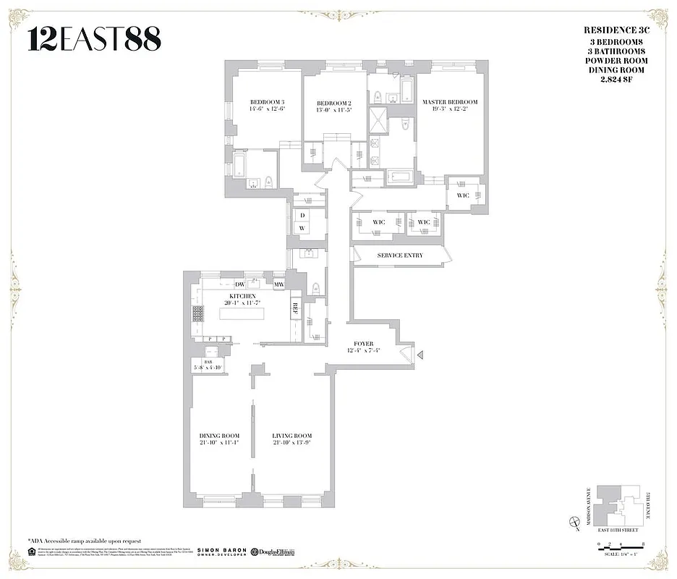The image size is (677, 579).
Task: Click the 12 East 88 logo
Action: pyautogui.click(x=94, y=39)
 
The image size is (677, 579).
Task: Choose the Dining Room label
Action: pyautogui.click(x=218, y=436)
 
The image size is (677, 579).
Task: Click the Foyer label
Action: pyautogui.click(x=363, y=345)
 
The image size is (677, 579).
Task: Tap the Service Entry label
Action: pyautogui.click(x=400, y=255)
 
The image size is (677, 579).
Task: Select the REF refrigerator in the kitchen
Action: pyautogui.click(x=295, y=307)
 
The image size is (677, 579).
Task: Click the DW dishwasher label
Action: pyautogui.click(x=239, y=284)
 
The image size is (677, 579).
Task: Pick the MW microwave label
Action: pyautogui.click(x=278, y=284)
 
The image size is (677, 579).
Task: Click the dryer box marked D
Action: pyautogui.click(x=302, y=215)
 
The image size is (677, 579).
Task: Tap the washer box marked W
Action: pyautogui.click(x=302, y=229)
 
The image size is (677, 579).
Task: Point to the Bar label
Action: pyautogui.click(x=207, y=362)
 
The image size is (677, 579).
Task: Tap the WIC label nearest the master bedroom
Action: pyautogui.click(x=463, y=195)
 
